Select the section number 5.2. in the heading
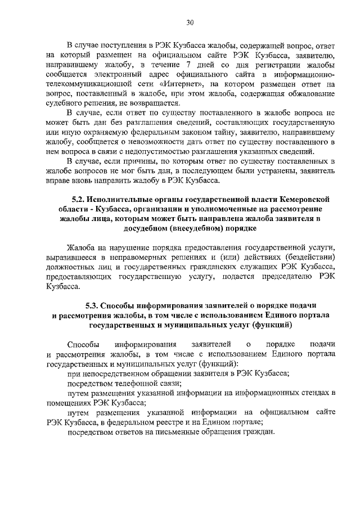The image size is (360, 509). click(80, 200)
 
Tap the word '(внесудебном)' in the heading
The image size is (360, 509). click(193, 228)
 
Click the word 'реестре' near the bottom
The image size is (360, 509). click(186, 422)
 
